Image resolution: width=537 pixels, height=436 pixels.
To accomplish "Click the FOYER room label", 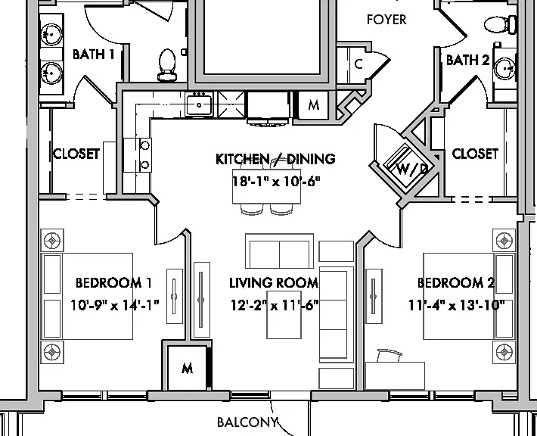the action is [386, 20].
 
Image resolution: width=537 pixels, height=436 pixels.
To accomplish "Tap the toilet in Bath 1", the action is [167, 65].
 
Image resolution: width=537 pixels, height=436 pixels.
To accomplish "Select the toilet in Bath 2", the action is [501, 25].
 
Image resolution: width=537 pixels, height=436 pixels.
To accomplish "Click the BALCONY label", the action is [247, 422].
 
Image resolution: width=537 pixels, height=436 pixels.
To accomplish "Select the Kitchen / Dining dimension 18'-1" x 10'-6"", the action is [276, 181].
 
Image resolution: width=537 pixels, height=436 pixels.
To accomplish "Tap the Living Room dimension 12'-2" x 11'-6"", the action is [275, 305].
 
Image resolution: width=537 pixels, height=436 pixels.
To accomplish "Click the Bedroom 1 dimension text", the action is [115, 305].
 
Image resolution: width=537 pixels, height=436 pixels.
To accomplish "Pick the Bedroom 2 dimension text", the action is [457, 305].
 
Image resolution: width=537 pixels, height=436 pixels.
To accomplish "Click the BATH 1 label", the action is [94, 54].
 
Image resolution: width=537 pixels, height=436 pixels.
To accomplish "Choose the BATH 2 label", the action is [468, 60].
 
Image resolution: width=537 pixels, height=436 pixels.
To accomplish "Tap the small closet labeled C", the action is [359, 64].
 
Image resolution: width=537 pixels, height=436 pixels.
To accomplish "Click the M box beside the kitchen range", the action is [313, 104].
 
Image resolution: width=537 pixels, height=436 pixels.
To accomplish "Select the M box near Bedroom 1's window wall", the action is [187, 369].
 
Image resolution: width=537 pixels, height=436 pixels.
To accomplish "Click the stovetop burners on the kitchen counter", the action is [145, 155].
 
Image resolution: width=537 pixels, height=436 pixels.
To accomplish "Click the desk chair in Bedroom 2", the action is [390, 356].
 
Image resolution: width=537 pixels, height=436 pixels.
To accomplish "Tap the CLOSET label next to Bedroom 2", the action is [475, 154].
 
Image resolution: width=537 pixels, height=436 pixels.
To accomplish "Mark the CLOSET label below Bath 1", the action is [76, 154].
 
